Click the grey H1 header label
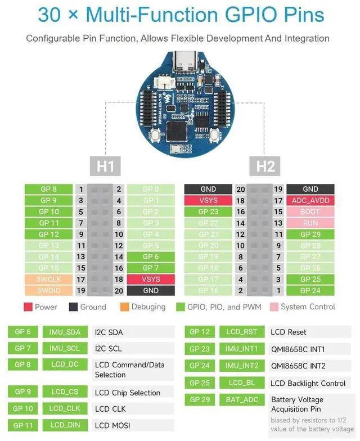(x=105, y=166)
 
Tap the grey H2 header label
(x=265, y=166)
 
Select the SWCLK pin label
(x=49, y=279)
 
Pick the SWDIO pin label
(x=49, y=290)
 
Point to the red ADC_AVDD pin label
(x=310, y=200)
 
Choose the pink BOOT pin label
(x=310, y=211)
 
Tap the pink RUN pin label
(x=310, y=223)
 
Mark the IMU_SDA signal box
(x=65, y=332)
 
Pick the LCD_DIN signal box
(x=65, y=425)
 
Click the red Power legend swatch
(x=28, y=307)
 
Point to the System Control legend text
(x=308, y=307)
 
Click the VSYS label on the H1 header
(x=151, y=279)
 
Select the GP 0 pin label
(x=151, y=189)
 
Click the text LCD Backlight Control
(x=308, y=383)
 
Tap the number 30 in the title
(x=49, y=15)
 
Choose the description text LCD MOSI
(x=112, y=425)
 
